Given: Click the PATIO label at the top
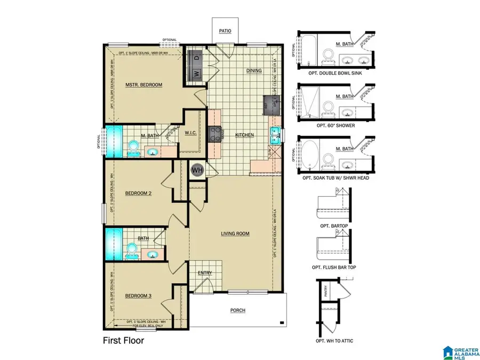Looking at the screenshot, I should tap(225, 31).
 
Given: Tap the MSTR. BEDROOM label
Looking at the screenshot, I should tap(143, 85).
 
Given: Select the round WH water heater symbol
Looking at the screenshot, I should tap(197, 170).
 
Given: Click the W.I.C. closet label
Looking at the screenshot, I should tap(191, 133).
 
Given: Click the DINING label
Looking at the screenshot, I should tap(254, 70).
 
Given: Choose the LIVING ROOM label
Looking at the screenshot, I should tap(235, 234).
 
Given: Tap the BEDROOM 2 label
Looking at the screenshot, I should tap(139, 194).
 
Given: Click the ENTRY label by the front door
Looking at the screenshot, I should tap(205, 273).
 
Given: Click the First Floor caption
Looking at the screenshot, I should tap(123, 340).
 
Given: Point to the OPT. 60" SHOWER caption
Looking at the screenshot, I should tap(332, 124).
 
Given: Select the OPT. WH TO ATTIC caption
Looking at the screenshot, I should tap(335, 341).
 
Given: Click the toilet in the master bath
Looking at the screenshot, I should tap(133, 147).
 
